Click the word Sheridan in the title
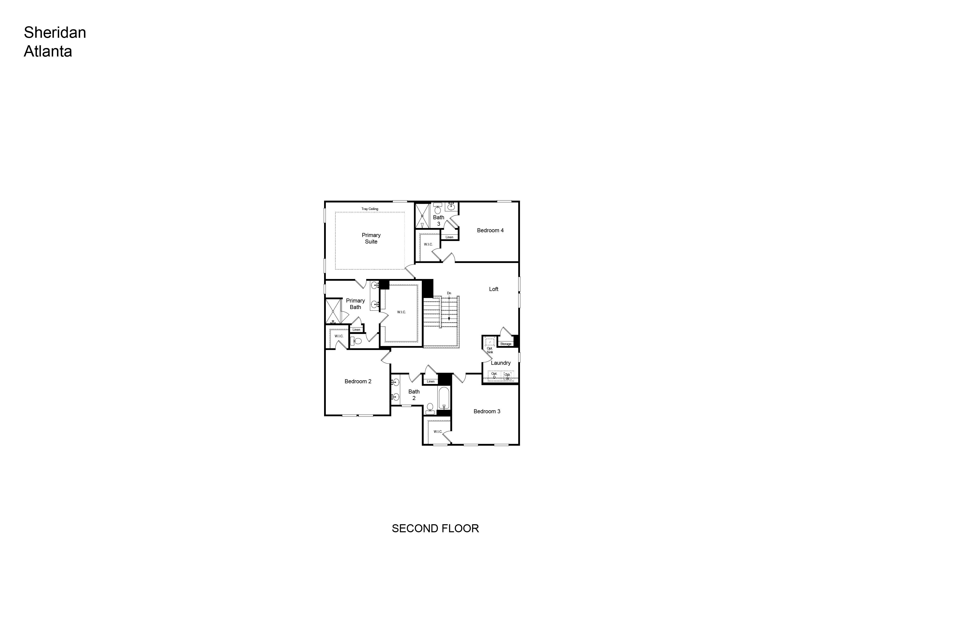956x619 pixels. pos(55,32)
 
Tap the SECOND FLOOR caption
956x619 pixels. pos(436,528)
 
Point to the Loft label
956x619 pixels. pos(494,289)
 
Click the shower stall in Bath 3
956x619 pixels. pos(422,216)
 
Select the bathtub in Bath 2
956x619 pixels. pos(444,398)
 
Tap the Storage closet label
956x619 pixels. pos(506,344)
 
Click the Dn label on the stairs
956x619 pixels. pos(449,293)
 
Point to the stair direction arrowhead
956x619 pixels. pos(449,319)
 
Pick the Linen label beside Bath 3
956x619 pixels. pos(450,237)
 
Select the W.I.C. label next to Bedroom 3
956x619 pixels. pos(438,432)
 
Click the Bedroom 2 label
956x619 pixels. pos(358,381)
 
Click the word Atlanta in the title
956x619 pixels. pos(48,51)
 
